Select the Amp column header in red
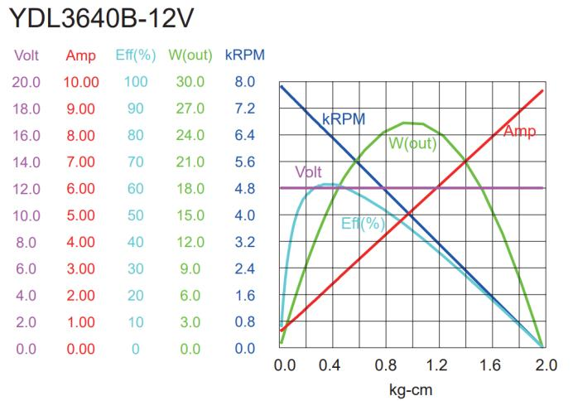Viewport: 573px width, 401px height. click(x=82, y=56)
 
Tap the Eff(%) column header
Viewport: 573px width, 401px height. click(x=135, y=56)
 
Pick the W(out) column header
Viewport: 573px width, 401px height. click(x=190, y=56)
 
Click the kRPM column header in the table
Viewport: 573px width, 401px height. click(x=244, y=56)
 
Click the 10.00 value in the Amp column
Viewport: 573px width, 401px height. click(x=82, y=83)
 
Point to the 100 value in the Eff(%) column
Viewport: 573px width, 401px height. click(x=136, y=83)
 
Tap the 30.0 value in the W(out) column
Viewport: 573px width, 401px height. click(x=190, y=83)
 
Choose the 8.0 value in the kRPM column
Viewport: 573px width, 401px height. click(x=244, y=83)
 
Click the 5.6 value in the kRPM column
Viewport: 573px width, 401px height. click(x=244, y=162)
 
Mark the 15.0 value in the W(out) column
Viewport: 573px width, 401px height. click(x=190, y=215)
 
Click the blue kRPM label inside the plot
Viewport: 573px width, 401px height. click(x=344, y=118)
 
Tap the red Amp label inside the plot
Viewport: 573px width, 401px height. click(x=519, y=133)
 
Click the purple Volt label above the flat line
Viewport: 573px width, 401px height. click(x=308, y=172)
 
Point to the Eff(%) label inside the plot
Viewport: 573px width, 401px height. click(x=364, y=223)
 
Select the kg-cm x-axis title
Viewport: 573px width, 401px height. click(x=412, y=389)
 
